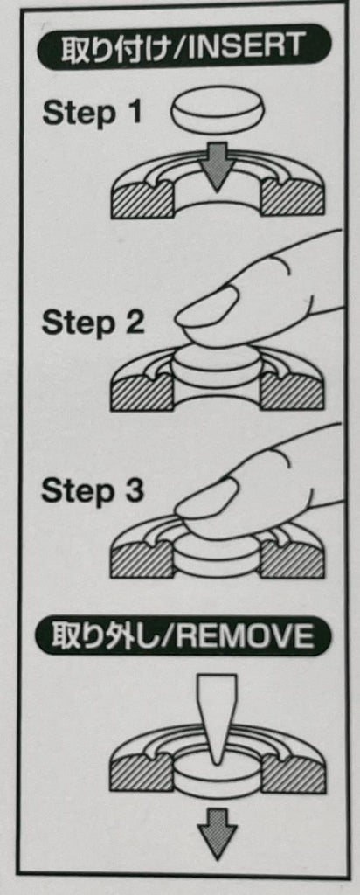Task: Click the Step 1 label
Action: (x=91, y=114)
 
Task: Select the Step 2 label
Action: (x=93, y=323)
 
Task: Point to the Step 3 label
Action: (x=93, y=491)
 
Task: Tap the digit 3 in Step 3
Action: (x=135, y=491)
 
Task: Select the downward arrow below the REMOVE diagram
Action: (x=218, y=833)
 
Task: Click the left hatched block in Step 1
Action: (x=142, y=200)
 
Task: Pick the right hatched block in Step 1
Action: (x=292, y=200)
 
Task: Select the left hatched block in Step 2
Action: (x=142, y=392)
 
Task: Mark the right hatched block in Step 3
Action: (x=292, y=559)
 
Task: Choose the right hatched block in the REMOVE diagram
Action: (x=294, y=774)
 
